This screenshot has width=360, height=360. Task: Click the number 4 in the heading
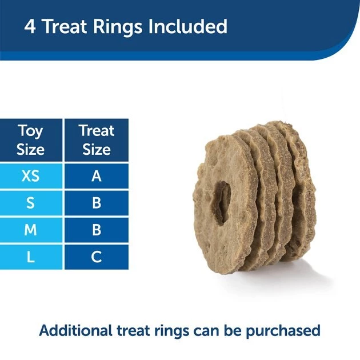(x=30, y=27)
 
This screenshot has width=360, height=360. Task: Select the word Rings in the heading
(x=126, y=27)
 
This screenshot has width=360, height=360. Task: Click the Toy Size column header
(x=31, y=140)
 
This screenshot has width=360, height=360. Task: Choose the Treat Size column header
(x=97, y=140)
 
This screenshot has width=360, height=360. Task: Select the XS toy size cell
(x=31, y=176)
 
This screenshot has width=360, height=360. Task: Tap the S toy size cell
(x=31, y=203)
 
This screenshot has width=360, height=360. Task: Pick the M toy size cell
(x=31, y=230)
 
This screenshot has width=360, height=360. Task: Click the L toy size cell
(x=31, y=257)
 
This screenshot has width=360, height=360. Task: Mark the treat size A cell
(x=97, y=176)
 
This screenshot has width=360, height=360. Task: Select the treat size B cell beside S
(x=97, y=203)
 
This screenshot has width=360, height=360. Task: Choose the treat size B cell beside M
(x=97, y=230)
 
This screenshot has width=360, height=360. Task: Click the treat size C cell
(x=97, y=257)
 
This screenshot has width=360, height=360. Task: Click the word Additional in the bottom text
(x=75, y=330)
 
